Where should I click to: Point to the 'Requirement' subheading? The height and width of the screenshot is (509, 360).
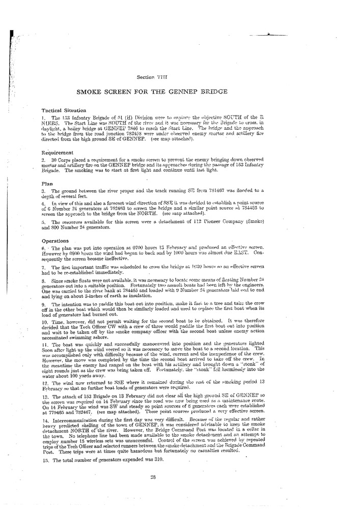[57, 152]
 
